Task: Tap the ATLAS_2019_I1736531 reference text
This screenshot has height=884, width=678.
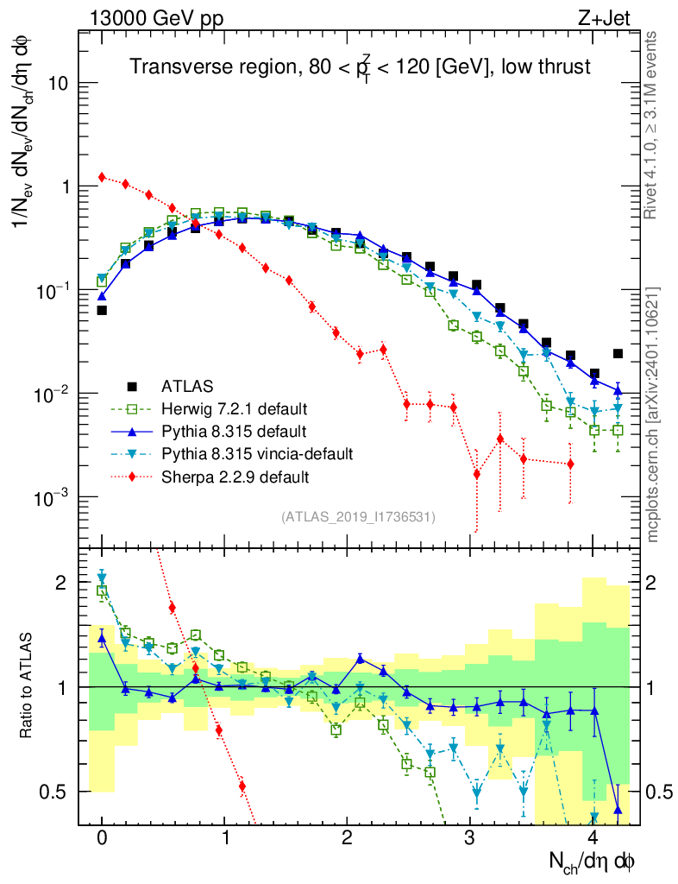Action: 358,517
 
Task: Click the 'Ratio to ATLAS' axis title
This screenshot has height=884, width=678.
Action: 27,686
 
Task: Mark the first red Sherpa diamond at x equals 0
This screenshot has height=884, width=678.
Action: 102,177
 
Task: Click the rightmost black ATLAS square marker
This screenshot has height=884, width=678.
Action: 618,353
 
